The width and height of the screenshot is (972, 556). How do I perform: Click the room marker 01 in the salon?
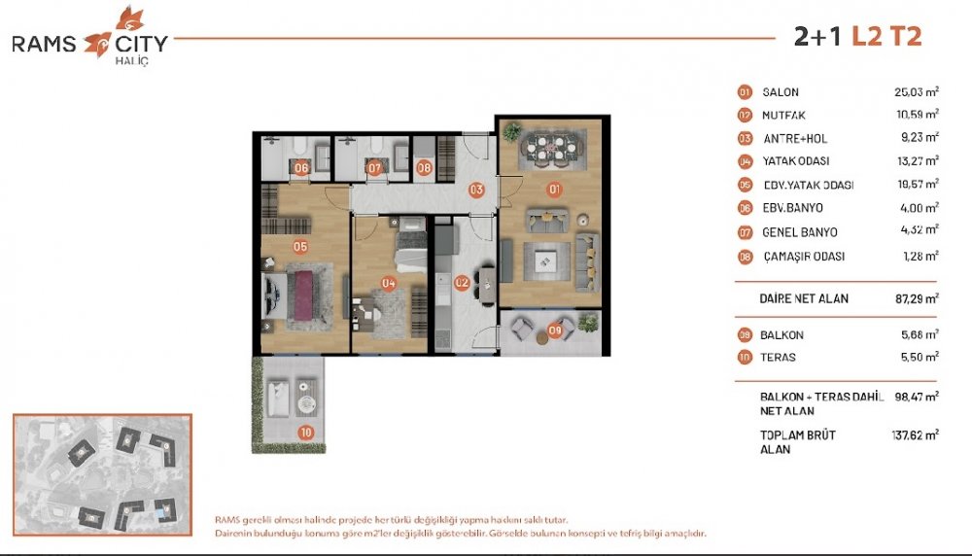pos(554,190)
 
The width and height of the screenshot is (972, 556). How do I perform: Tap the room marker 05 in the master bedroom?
pos(300,247)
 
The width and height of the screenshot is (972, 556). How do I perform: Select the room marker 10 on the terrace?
pos(305,433)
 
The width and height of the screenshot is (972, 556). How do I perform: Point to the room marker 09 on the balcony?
pos(555,331)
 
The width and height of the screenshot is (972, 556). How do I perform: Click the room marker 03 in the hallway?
pos(476,190)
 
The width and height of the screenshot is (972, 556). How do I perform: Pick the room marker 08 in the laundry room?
pos(424,167)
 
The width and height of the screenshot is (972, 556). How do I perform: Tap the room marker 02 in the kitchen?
pos(462,283)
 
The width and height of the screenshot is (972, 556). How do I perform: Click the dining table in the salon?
pos(550,149)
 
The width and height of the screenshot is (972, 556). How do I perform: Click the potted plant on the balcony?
pos(588,323)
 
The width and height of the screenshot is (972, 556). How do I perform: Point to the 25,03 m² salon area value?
pos(917,91)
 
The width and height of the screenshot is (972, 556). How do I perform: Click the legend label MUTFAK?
pos(783,116)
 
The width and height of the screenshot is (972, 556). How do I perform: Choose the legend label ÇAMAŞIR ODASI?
pos(804,256)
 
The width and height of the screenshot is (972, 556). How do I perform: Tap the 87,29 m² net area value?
pos(917,298)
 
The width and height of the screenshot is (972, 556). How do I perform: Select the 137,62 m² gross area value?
pos(915,434)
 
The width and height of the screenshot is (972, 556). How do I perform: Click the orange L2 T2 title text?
pos(886,37)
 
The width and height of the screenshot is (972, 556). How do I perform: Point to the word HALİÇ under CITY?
pos(132,60)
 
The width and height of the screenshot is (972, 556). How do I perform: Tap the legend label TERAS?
pos(778,357)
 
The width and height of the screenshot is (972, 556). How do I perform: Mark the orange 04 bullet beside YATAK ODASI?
pos(745,161)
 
